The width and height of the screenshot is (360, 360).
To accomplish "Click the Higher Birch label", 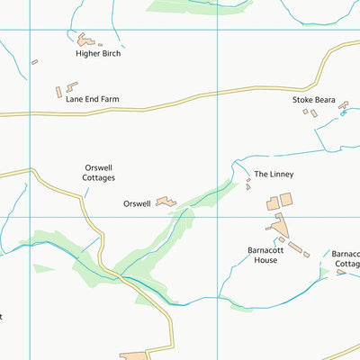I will coord(98,54).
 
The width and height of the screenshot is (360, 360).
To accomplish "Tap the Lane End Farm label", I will coord(92,100).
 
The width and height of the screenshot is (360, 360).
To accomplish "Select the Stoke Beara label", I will coord(312,100).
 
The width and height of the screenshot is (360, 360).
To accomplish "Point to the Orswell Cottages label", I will coord(99,173).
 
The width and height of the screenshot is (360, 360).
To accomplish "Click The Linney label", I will coord(274,175).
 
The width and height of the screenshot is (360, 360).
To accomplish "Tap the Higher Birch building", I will coord(86,40).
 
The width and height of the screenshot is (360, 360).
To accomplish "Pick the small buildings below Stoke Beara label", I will coord(310,112).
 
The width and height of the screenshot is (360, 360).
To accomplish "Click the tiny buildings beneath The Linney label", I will coord(248,184).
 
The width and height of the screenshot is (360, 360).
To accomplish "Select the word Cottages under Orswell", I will coord(99,178).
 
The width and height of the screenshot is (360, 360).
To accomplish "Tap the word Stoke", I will coord(301,100).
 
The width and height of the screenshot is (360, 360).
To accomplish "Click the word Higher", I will coord(87,54).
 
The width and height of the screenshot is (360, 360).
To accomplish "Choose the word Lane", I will coord(74,100).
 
